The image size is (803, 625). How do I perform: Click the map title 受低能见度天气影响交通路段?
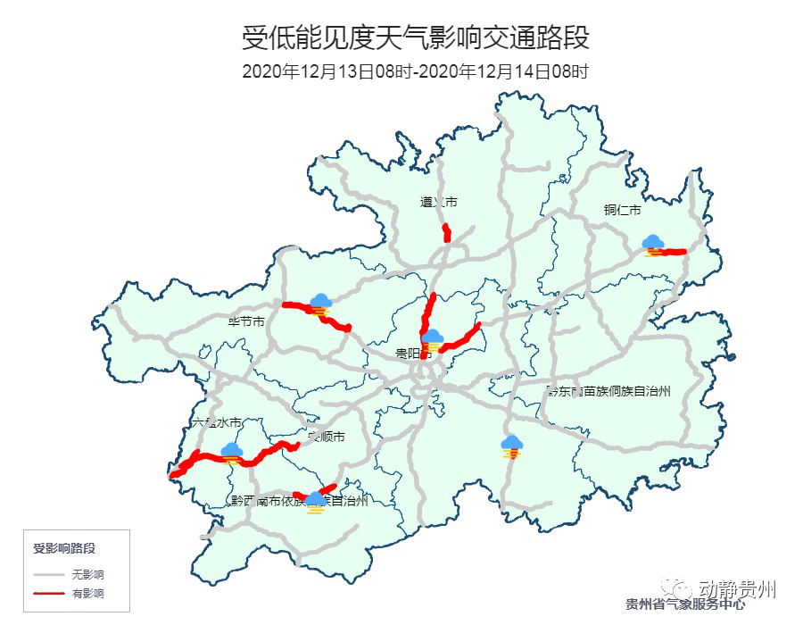pos(415,39)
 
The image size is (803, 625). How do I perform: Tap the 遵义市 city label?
pos(438,203)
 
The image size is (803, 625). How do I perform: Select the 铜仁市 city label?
pos(622,211)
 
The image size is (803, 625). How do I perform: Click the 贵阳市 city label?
pos(414,354)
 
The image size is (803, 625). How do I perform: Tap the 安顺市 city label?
pos(327,437)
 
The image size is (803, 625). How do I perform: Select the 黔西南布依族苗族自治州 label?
pos(299,501)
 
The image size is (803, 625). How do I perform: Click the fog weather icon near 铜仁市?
pos(654,245)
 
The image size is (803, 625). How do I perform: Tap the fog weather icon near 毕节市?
pos(319,304)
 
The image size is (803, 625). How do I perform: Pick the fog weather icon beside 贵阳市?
pos(433,340)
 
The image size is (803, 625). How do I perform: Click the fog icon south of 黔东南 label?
pos(511,446)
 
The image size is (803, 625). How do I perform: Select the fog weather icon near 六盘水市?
pos(232,453)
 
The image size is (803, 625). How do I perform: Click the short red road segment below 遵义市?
pos(447,234)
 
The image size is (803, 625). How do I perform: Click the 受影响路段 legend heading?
pos(64,547)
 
